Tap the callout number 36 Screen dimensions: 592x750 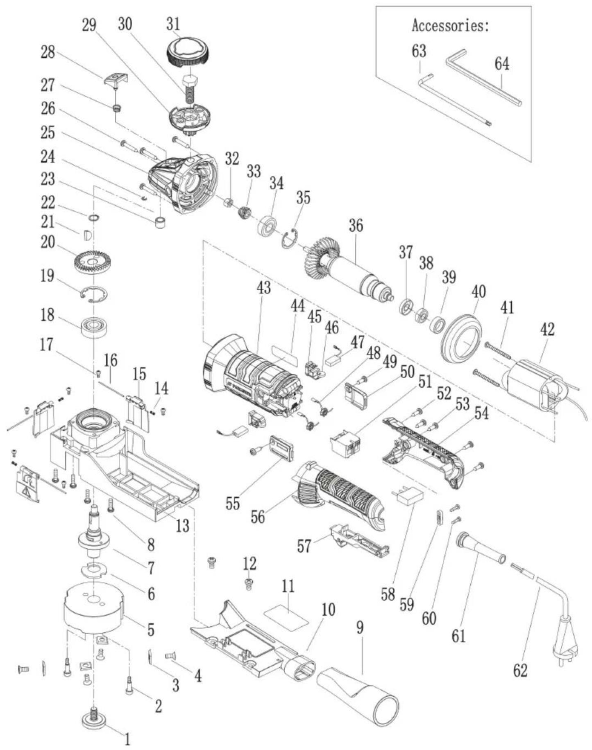tap(356, 226)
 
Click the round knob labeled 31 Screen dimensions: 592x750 tap(186, 52)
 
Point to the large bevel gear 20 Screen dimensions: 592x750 tap(93, 262)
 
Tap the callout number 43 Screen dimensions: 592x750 tap(263, 287)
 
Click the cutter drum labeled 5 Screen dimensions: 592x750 tap(94, 610)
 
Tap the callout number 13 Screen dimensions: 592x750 tap(182, 525)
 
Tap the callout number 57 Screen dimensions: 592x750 tap(304, 546)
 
